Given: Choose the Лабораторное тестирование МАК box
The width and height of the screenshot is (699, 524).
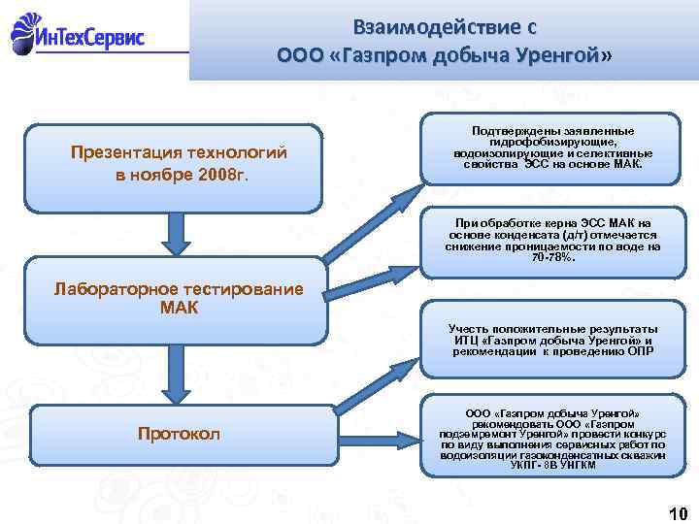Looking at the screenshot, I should point(174,300).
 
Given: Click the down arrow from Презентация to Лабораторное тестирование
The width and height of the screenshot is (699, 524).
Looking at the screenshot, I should point(174,234).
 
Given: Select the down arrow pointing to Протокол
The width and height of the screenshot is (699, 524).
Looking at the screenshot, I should point(174,374).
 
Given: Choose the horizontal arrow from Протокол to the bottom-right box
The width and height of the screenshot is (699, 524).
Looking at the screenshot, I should point(374,434).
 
